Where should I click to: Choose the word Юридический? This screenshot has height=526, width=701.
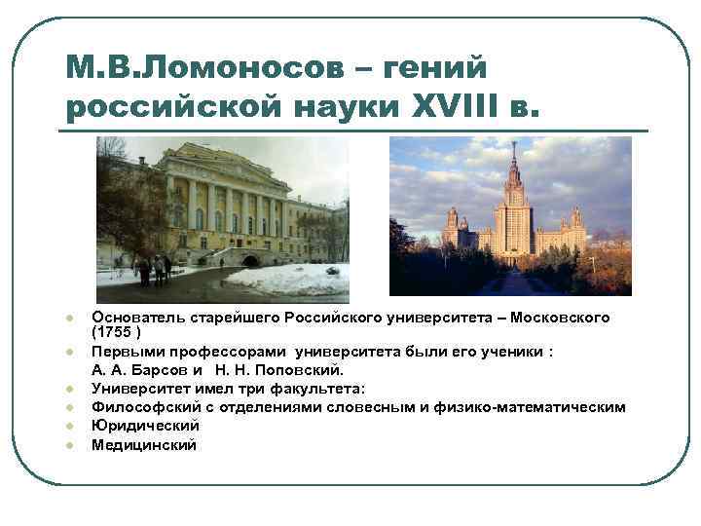145,426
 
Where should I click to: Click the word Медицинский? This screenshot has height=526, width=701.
143,445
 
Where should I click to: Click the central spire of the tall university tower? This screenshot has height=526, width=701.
513,161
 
